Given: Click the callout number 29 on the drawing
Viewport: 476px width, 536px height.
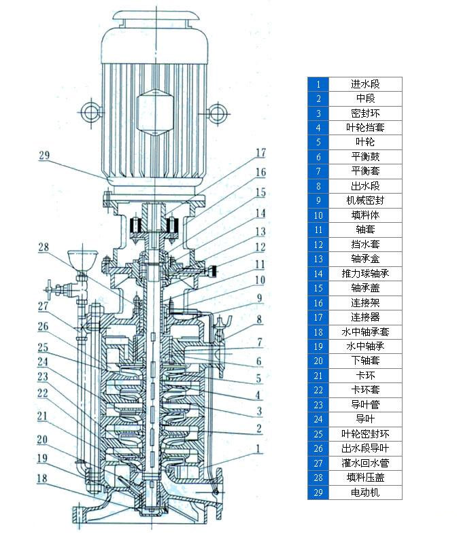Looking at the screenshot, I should [45, 156].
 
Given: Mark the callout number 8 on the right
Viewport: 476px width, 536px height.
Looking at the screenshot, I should [259, 319].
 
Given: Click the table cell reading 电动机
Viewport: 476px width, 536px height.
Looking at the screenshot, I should [365, 492].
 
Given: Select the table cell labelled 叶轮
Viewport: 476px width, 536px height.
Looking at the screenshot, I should [365, 142].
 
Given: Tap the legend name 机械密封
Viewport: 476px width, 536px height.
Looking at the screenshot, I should [365, 200].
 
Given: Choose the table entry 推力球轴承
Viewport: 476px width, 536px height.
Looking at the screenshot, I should [365, 273].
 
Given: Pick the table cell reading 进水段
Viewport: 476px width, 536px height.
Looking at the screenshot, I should [365, 84].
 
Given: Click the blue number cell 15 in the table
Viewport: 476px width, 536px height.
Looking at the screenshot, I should [318, 288].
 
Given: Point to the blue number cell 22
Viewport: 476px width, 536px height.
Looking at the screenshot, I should [318, 390].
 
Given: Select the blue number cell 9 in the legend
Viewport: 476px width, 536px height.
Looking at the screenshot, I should [318, 200].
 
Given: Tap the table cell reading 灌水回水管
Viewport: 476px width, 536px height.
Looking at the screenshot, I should [365, 463].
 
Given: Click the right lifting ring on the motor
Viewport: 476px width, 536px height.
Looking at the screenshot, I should [216, 110].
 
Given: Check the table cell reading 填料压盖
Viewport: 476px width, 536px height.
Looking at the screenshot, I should [365, 478].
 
